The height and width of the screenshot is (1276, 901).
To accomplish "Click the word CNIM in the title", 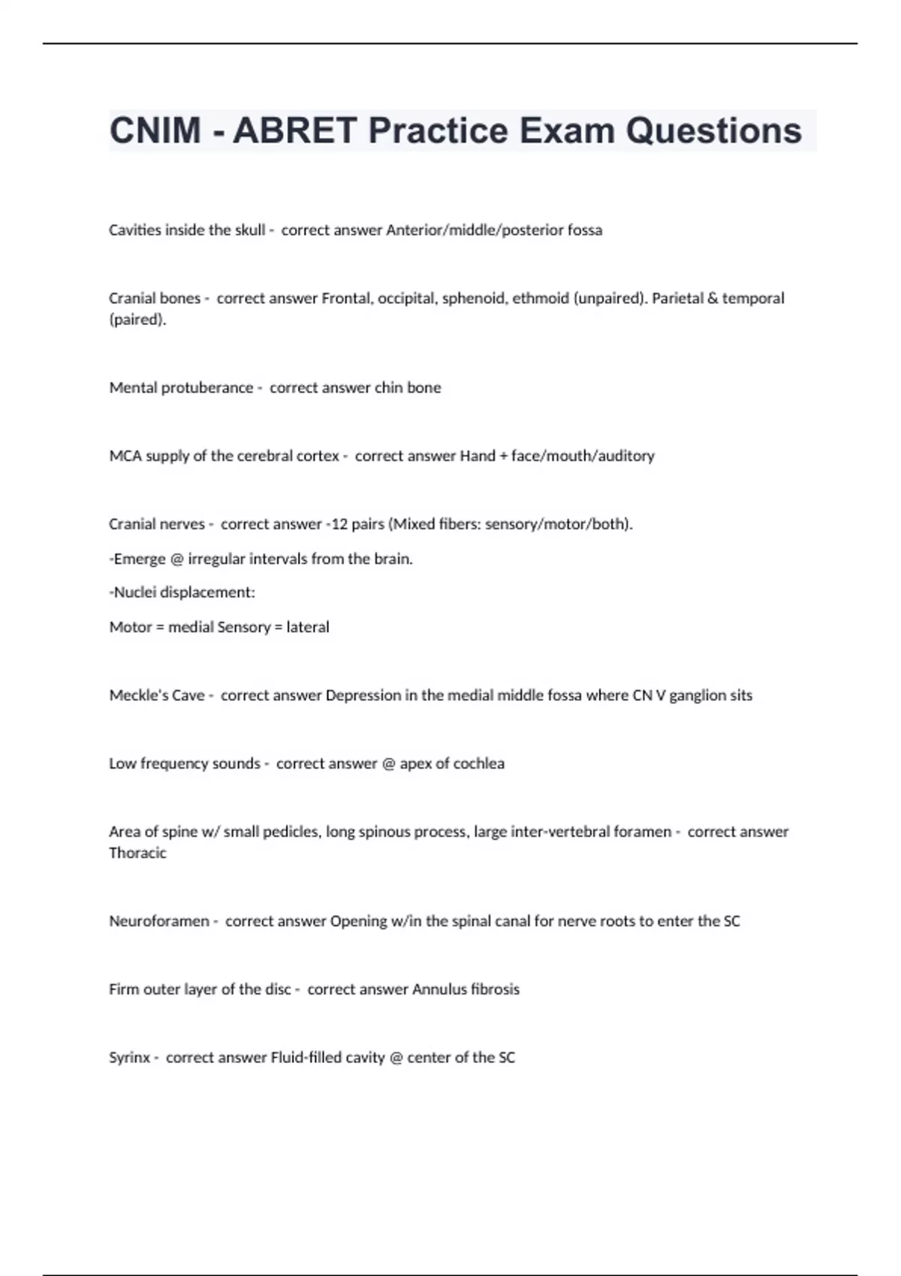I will (155, 131).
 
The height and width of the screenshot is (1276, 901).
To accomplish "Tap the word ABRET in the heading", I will (294, 131).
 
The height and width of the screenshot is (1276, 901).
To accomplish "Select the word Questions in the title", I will (714, 131).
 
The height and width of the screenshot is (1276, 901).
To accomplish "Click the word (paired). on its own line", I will (137, 320).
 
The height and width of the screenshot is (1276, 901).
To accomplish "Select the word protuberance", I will (207, 387).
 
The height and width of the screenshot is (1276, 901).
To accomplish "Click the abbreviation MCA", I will (125, 456).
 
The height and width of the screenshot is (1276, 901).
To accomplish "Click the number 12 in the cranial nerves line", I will (339, 524).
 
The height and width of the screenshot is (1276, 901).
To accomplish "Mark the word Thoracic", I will (137, 853).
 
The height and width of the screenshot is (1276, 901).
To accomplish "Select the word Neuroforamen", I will (159, 921).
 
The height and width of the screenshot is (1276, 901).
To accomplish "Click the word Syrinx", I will (129, 1058).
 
